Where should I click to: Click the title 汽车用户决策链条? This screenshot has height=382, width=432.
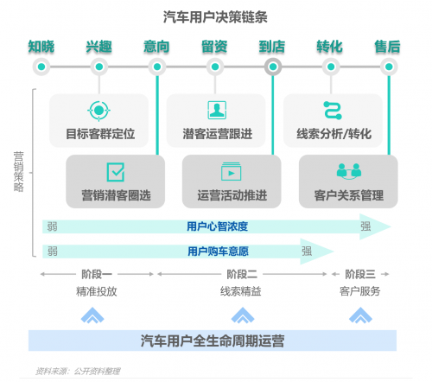(x=215, y=17)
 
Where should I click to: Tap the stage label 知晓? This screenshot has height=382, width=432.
(x=41, y=47)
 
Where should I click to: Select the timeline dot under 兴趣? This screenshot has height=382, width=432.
(x=99, y=67)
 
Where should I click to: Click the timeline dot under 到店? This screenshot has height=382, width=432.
(x=273, y=67)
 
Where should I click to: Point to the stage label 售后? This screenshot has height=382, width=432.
(x=388, y=47)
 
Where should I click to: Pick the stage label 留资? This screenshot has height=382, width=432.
(x=214, y=47)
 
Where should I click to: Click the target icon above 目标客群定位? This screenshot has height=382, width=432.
(x=98, y=111)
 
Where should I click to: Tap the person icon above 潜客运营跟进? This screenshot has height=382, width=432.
(x=217, y=110)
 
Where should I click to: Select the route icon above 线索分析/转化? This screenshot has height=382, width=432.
(x=333, y=111)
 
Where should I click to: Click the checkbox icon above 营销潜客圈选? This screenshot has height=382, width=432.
(x=116, y=172)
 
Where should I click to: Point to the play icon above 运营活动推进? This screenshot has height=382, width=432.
(x=231, y=172)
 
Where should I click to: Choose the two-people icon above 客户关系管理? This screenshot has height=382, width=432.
(x=349, y=171)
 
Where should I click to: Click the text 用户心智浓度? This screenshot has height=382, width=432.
(x=218, y=226)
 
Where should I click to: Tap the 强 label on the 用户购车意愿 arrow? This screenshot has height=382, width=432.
(x=307, y=251)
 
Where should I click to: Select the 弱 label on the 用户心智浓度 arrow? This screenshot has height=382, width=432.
(x=52, y=226)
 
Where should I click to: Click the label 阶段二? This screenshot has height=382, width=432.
(x=242, y=274)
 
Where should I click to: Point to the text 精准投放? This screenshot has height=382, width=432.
(x=97, y=291)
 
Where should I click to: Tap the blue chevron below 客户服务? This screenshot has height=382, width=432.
(x=360, y=315)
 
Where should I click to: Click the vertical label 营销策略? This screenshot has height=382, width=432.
(x=19, y=172)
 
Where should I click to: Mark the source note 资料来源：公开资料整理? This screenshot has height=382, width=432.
(x=78, y=371)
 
